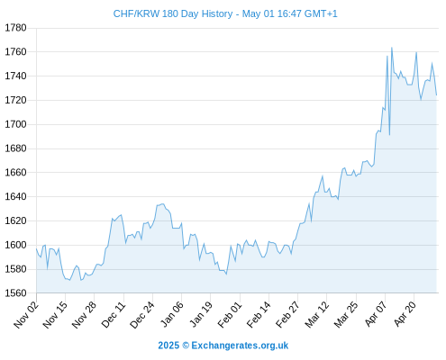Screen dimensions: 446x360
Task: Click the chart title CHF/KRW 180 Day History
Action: click(173, 13)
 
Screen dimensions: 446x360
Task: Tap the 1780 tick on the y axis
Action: click(15, 28)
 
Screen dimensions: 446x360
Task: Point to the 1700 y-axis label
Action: click(15, 124)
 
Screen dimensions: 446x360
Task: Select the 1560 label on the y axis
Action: click(15, 293)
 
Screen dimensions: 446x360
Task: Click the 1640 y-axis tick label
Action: click(15, 196)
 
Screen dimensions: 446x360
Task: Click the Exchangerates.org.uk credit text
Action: click(240, 346)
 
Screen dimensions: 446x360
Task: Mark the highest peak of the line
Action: click(392, 48)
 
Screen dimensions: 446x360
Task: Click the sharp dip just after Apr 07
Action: click(389, 135)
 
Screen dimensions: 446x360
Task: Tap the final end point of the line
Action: click(436, 95)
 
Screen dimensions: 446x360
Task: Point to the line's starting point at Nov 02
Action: click(36, 248)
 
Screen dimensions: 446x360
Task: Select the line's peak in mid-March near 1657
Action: click(323, 175)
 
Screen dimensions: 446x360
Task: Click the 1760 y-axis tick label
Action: click(15, 52)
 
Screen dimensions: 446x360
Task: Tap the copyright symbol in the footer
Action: click(186, 346)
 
